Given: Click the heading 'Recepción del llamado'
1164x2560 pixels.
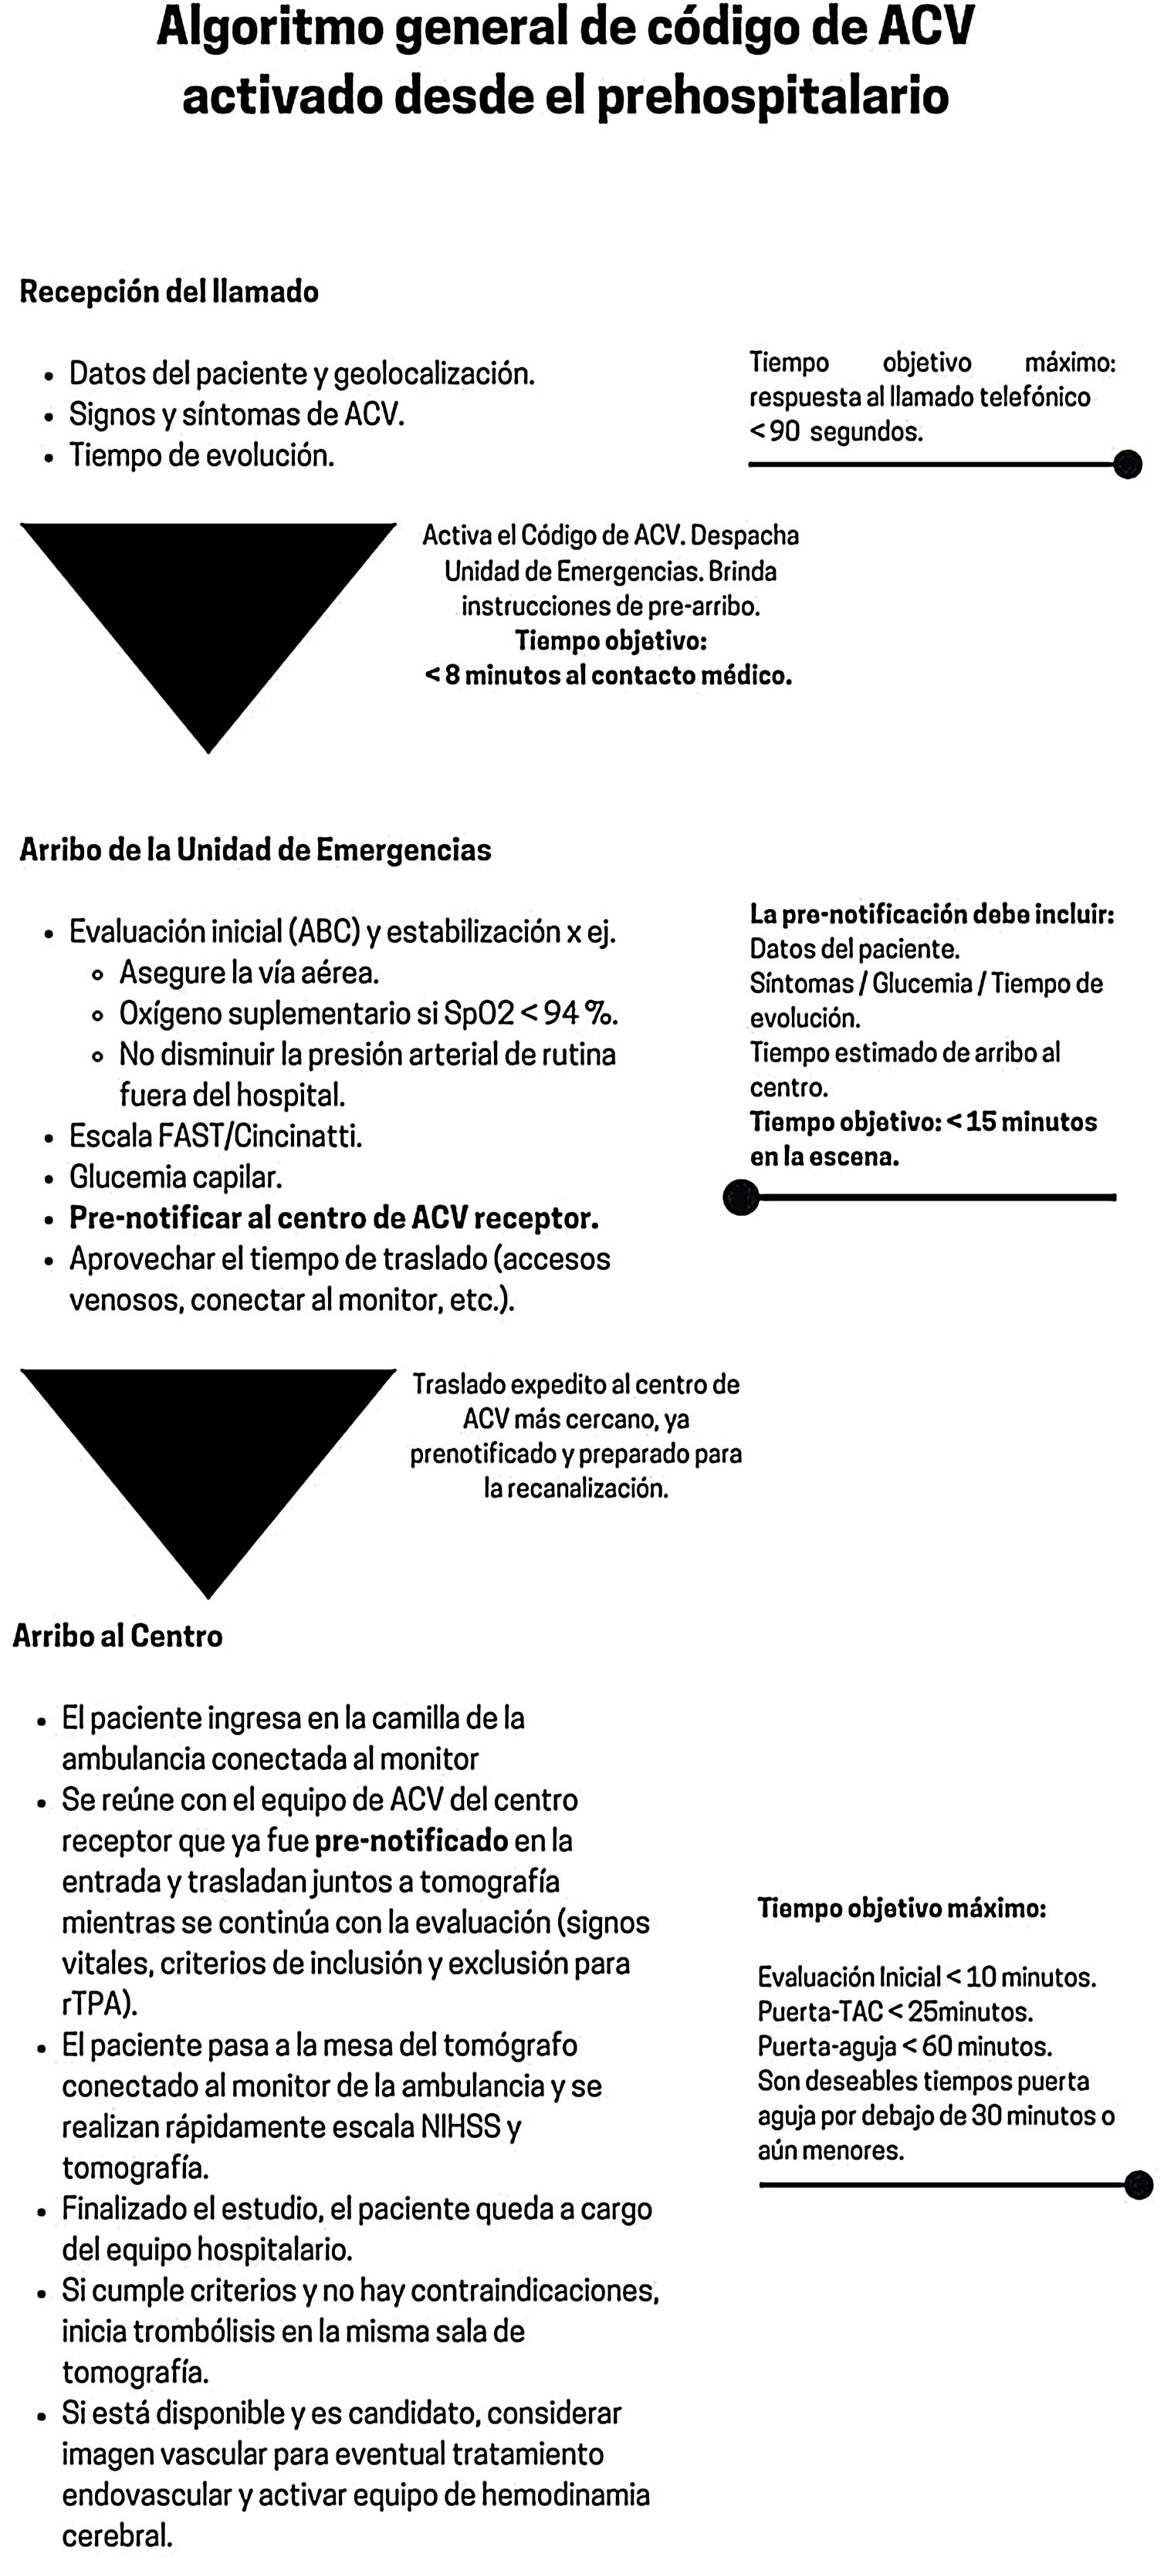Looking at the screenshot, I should pyautogui.click(x=169, y=292).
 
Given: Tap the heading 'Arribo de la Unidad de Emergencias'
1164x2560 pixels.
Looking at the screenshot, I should pyautogui.click(x=255, y=851).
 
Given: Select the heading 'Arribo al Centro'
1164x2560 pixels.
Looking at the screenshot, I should pyautogui.click(x=117, y=1636).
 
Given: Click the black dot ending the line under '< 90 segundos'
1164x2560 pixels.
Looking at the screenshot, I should pyautogui.click(x=1127, y=464).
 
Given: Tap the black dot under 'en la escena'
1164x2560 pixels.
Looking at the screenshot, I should pyautogui.click(x=740, y=1197).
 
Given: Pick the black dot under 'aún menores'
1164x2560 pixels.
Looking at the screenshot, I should pyautogui.click(x=1139, y=2184).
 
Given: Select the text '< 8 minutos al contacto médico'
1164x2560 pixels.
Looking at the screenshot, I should pyautogui.click(x=608, y=677).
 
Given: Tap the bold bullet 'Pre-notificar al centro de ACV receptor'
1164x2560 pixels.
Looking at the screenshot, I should pyautogui.click(x=333, y=1218).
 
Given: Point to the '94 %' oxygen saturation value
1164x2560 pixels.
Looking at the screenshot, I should pyautogui.click(x=580, y=1014).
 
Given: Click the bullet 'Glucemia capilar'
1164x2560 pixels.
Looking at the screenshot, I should pyautogui.click(x=176, y=1177).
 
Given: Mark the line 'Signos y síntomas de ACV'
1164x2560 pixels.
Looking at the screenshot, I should pyautogui.click(x=236, y=414).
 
